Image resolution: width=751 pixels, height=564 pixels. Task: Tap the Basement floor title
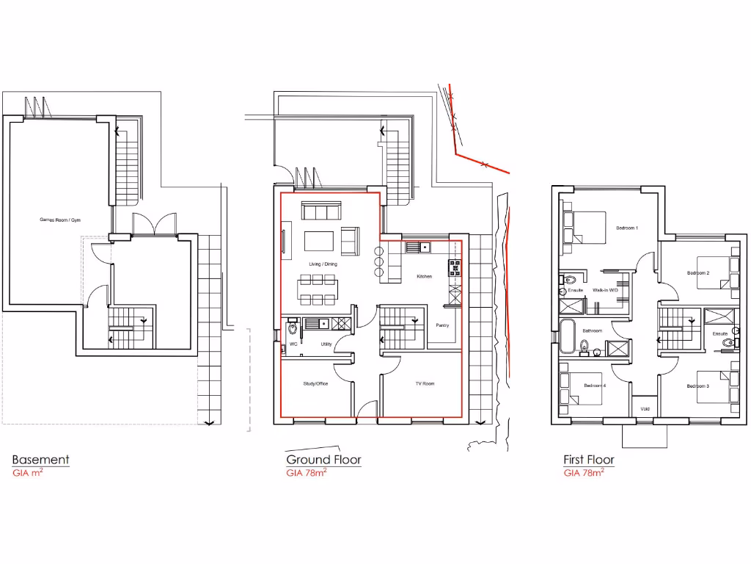(x=40, y=460)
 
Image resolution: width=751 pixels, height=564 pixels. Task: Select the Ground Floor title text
(x=323, y=460)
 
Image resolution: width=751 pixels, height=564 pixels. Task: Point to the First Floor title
(x=588, y=460)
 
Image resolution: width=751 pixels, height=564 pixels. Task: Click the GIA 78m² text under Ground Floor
(x=306, y=474)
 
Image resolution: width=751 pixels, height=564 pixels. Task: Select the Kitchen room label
(x=424, y=276)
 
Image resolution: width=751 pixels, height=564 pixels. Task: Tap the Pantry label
(x=442, y=325)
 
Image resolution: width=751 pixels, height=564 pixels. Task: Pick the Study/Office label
(x=315, y=383)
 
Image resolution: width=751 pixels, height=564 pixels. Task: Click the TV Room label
(x=425, y=383)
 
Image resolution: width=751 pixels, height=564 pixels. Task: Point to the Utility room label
(x=326, y=344)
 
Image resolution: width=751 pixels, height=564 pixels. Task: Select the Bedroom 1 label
(x=626, y=228)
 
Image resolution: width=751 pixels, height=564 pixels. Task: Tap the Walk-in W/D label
(x=604, y=290)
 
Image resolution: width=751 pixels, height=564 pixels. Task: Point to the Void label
(x=645, y=409)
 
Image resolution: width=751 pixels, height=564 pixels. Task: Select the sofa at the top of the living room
(x=320, y=212)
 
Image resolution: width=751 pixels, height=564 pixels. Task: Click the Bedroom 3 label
(x=697, y=386)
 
